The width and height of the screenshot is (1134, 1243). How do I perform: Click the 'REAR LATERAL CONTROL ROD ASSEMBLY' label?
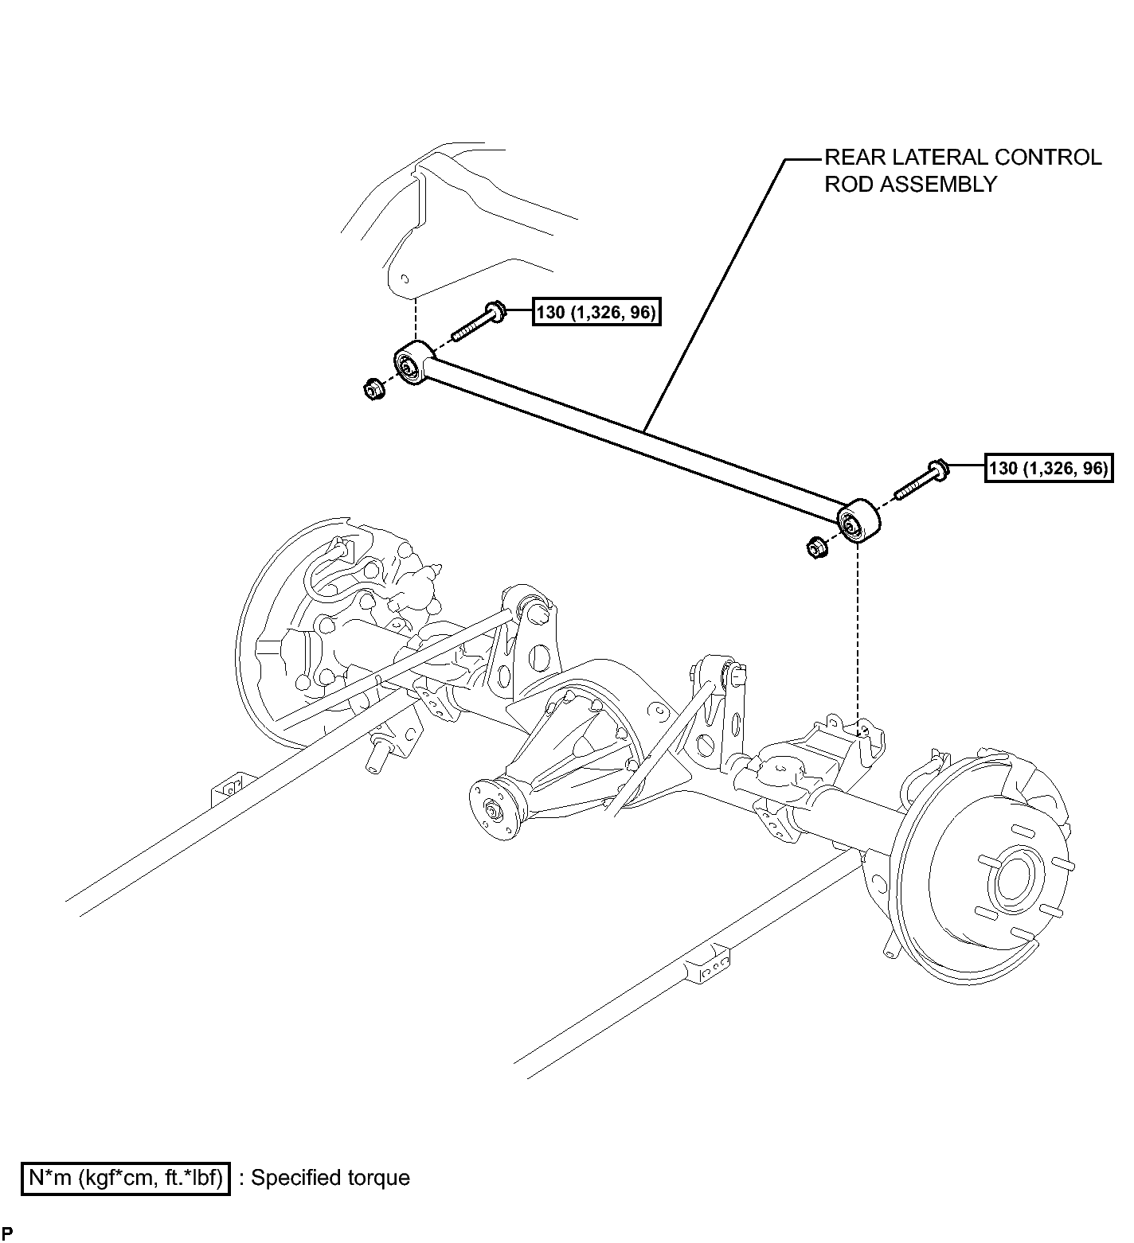pos(962,170)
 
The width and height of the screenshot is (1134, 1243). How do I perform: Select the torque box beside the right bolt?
pos(1049,468)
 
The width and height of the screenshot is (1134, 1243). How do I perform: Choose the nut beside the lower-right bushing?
pos(815,547)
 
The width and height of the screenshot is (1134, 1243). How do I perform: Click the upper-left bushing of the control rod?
pos(413,362)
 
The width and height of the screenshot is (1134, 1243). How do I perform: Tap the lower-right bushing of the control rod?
pos(858,520)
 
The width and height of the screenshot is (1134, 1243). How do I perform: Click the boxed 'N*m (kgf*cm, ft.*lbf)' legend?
pos(125,1178)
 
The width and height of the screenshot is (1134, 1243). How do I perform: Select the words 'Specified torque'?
pos(330,1178)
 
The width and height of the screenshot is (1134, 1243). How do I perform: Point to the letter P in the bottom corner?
pos(7,1233)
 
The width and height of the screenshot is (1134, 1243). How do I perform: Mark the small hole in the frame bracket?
pos(405,279)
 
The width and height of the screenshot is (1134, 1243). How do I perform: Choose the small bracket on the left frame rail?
pos(230,790)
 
